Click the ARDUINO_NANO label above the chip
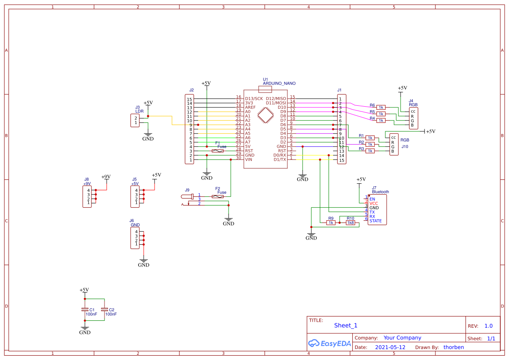pyautogui.click(x=279, y=83)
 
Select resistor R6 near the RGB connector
pyautogui.click(x=381, y=107)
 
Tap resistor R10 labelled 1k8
pyautogui.click(x=351, y=222)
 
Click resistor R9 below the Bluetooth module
pyautogui.click(x=331, y=222)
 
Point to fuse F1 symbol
pyautogui.click(x=217, y=151)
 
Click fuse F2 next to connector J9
pyautogui.click(x=217, y=197)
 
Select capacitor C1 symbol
pyautogui.click(x=85, y=310)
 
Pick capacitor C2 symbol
pyautogui.click(x=104, y=310)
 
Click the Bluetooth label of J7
pyautogui.click(x=380, y=192)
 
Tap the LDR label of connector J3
pyautogui.click(x=139, y=111)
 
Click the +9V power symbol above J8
pyautogui.click(x=106, y=177)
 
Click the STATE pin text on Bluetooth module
pyautogui.click(x=375, y=221)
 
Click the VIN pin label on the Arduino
pyautogui.click(x=248, y=159)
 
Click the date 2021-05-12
pyautogui.click(x=390, y=347)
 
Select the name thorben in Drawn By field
pyautogui.click(x=453, y=347)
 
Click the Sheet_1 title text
pyautogui.click(x=346, y=325)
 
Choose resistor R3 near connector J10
pyautogui.click(x=370, y=151)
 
